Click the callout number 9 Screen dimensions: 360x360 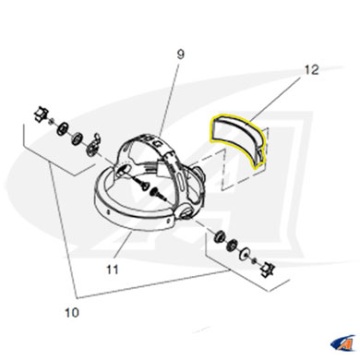point(181,54)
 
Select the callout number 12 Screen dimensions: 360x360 point(311,70)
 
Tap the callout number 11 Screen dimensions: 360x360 point(113,270)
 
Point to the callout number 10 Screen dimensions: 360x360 point(72,313)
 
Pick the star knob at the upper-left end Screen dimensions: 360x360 point(41,114)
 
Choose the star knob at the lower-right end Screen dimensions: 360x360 point(267,269)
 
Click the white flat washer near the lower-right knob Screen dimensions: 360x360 point(246,253)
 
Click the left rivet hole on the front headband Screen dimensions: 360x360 point(109,211)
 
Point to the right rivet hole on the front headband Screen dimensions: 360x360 point(168,221)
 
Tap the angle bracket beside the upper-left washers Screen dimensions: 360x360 point(93,144)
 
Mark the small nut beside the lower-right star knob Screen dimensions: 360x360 point(255,260)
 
